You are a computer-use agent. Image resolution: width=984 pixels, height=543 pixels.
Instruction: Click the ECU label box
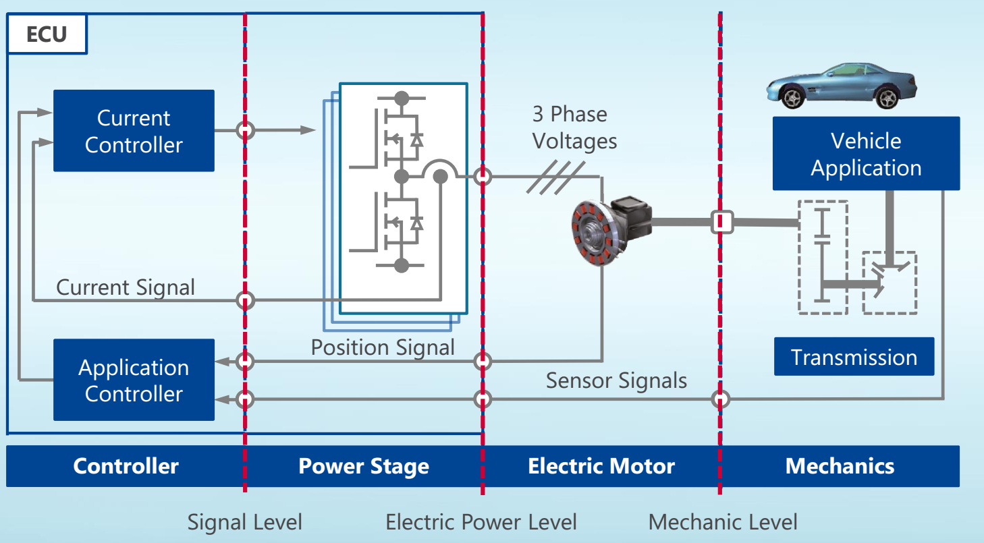pyautogui.click(x=47, y=34)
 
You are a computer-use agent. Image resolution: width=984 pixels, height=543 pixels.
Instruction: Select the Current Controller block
pyautogui.click(x=134, y=131)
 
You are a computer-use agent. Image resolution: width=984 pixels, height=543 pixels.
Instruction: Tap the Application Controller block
pyautogui.click(x=134, y=380)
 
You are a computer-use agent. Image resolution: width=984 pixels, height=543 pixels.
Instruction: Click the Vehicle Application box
pyautogui.click(x=866, y=154)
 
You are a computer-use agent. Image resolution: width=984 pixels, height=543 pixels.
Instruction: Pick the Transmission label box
pyautogui.click(x=854, y=357)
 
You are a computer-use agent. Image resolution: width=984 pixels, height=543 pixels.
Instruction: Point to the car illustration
pyautogui.click(x=840, y=85)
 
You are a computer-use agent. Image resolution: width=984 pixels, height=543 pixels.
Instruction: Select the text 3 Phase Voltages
pyautogui.click(x=574, y=127)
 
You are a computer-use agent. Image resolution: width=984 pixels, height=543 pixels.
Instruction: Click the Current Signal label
pyautogui.click(x=126, y=287)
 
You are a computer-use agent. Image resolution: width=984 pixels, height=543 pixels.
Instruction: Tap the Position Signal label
pyautogui.click(x=383, y=347)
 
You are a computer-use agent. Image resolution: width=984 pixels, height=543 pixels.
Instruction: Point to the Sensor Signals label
pyautogui.click(x=616, y=380)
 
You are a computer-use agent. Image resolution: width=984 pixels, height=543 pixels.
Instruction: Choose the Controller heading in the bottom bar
pyautogui.click(x=126, y=466)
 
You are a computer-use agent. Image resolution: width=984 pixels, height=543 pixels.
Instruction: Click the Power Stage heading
pyautogui.click(x=364, y=466)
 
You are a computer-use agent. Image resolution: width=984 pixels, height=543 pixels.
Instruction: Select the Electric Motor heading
pyautogui.click(x=601, y=466)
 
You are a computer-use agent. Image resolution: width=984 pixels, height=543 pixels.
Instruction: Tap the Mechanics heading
pyautogui.click(x=840, y=466)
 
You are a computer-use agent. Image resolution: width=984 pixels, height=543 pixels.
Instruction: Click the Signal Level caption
pyautogui.click(x=244, y=521)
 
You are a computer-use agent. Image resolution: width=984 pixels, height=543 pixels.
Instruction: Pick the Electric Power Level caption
pyautogui.click(x=481, y=521)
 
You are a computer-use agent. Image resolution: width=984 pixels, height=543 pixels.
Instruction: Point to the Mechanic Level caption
pyautogui.click(x=723, y=521)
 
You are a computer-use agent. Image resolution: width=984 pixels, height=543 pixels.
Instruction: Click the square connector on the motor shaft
pyautogui.click(x=721, y=222)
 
